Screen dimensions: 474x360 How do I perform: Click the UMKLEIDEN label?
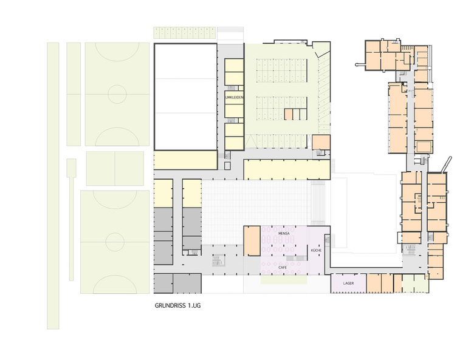(x=235, y=98)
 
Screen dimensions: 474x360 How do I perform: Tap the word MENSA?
(x=284, y=234)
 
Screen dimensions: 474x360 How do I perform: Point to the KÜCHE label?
(x=316, y=250)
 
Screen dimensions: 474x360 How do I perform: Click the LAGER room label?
(x=348, y=284)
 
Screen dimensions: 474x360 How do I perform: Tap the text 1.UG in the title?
(x=194, y=305)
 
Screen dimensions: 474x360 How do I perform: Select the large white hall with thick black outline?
(x=185, y=97)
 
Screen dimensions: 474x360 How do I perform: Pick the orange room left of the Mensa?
(x=252, y=240)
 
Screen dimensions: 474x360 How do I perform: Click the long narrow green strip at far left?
(x=53, y=185)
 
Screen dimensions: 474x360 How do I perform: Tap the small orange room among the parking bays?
(x=289, y=115)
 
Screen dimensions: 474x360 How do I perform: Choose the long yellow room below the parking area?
(x=287, y=169)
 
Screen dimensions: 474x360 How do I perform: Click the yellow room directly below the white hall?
(x=185, y=160)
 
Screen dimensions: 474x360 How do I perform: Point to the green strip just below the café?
(x=284, y=280)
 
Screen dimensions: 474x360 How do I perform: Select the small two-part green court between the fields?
(x=115, y=168)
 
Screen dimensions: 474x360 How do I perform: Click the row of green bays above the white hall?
(x=185, y=33)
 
